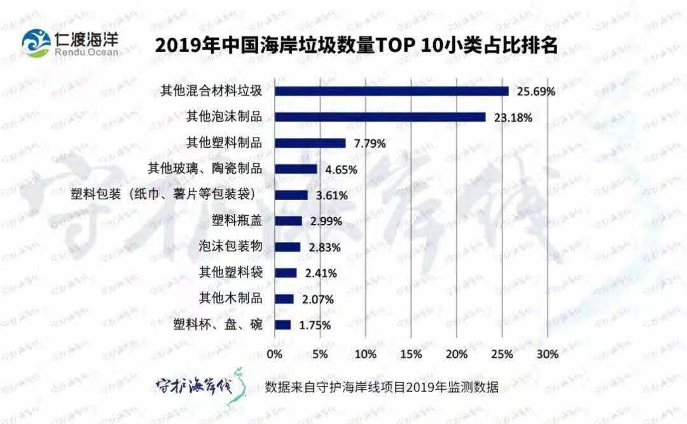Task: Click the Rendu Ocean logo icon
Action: pos(36,43)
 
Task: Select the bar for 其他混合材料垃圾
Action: pos(391,91)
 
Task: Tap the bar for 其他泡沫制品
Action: pos(380,117)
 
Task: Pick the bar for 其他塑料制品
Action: pos(310,143)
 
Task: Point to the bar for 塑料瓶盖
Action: pos(288,221)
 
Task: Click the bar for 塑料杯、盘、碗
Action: pos(282,325)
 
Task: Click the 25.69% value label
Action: pos(536,92)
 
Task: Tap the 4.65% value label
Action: pos(341,170)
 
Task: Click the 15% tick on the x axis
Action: pos(411,354)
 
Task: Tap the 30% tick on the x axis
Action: pos(548,354)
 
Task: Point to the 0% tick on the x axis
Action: pos(275,354)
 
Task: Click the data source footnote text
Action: pos(382,388)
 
